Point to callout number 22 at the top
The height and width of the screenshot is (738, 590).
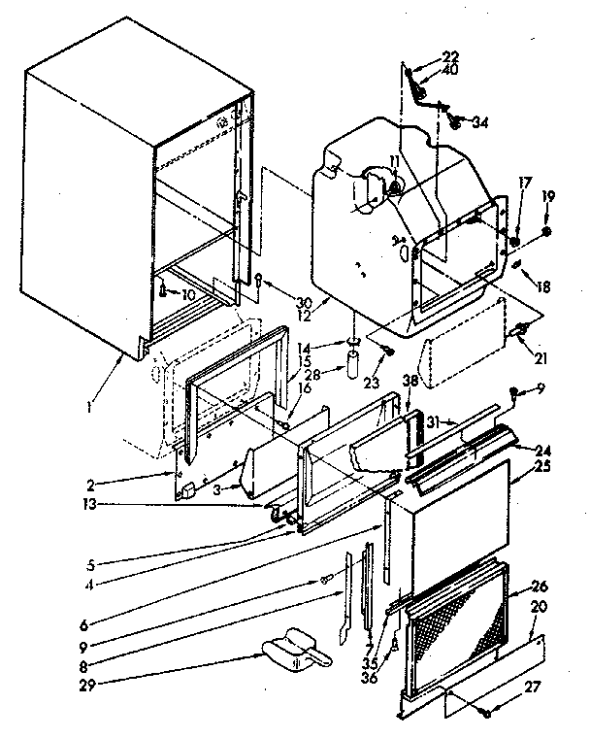pos(423,55)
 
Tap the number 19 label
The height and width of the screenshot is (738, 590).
pos(548,196)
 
